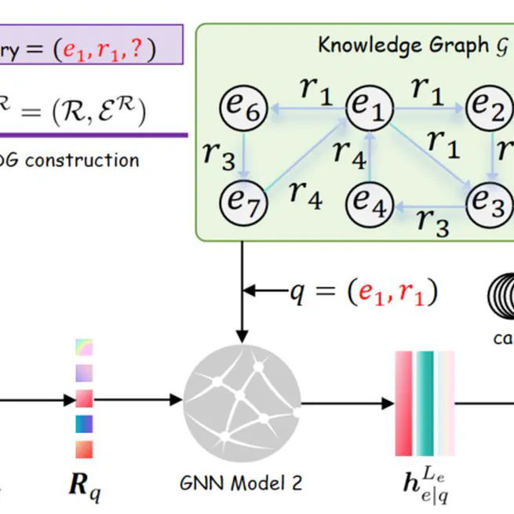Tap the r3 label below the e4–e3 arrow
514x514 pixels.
coord(432,224)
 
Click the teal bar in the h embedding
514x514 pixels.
coord(425,402)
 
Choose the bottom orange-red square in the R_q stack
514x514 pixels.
coord(84,449)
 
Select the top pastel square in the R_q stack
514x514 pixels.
coord(84,347)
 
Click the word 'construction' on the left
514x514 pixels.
coord(86,161)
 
